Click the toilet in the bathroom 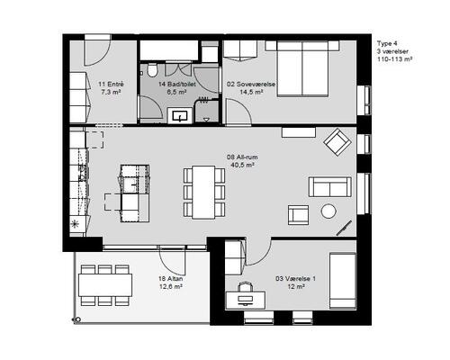(x=152, y=70)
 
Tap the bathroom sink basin (x=180, y=116)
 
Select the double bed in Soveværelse (x=302, y=69)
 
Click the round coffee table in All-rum (x=328, y=211)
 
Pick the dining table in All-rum (x=203, y=192)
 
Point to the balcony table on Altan (x=105, y=285)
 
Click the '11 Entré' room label (x=111, y=85)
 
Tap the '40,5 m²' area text (x=242, y=165)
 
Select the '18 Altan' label (x=171, y=279)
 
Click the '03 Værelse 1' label (x=295, y=279)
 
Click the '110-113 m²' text (x=394, y=59)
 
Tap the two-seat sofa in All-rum (x=330, y=187)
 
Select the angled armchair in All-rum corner (x=337, y=142)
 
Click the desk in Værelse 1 (x=246, y=300)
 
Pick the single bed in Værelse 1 (x=343, y=281)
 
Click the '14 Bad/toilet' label (x=177, y=85)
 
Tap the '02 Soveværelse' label (x=251, y=85)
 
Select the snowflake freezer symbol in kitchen (x=74, y=223)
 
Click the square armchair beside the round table (x=298, y=215)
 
